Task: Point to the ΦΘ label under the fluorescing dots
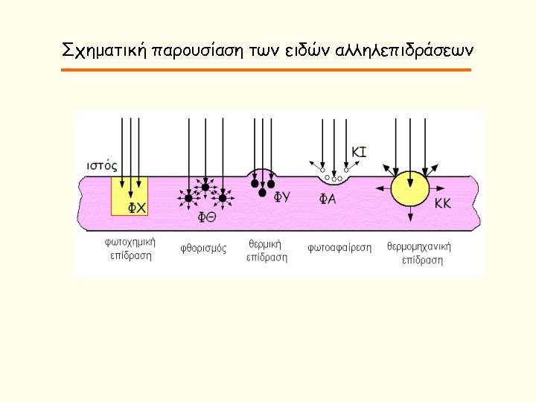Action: tap(207, 217)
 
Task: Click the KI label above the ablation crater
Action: tap(358, 152)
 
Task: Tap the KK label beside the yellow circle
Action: tap(443, 202)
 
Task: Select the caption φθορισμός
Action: tap(202, 248)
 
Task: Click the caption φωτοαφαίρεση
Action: tap(339, 248)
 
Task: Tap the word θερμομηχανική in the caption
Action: tap(420, 246)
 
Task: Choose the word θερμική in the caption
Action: tap(264, 244)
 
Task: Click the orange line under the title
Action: tap(267, 70)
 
